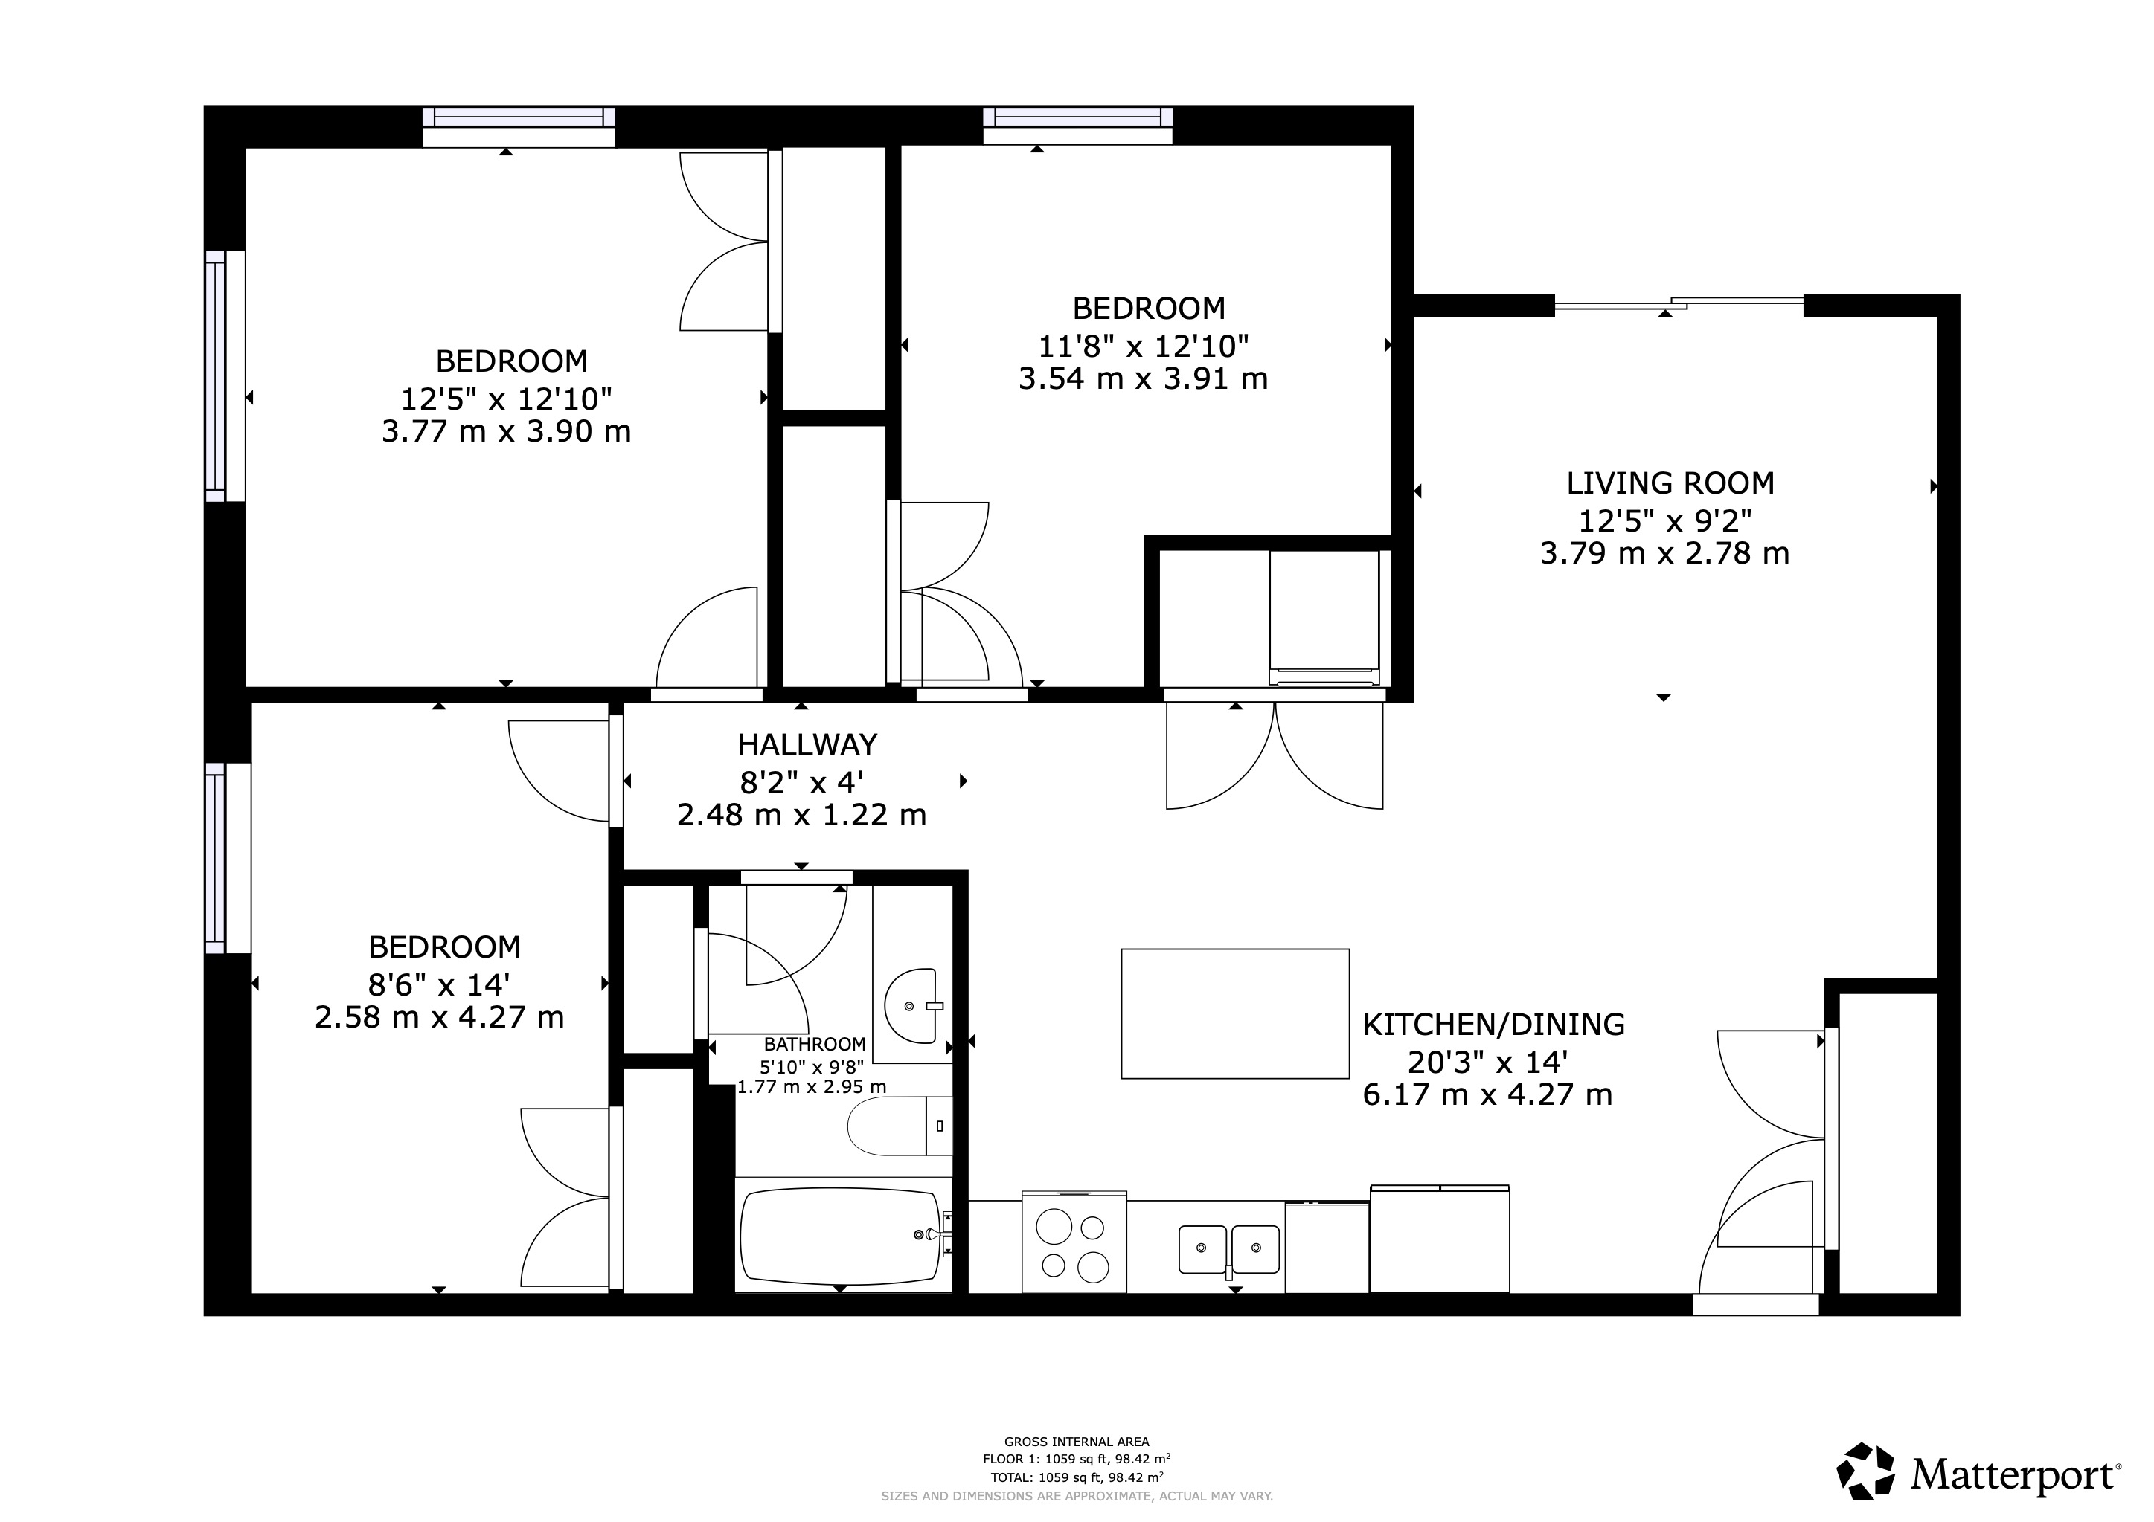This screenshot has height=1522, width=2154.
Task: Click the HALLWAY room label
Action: [807, 746]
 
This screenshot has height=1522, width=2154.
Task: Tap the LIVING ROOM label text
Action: [1670, 484]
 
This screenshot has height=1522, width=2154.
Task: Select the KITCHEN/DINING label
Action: [1493, 1025]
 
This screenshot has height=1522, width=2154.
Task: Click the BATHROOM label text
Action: [814, 1045]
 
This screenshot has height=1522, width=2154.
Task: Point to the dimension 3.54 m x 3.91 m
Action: [1143, 380]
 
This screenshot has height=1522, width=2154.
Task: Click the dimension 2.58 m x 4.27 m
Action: [439, 1017]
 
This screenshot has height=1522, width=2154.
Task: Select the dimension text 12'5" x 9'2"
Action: [1664, 520]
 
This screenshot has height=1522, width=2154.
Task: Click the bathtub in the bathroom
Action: [839, 1236]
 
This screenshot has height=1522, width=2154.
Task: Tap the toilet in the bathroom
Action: [899, 1126]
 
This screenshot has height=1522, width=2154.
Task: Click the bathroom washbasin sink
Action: [912, 1006]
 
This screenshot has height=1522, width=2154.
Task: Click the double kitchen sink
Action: [1228, 1248]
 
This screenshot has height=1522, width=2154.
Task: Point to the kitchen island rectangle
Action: [1234, 1013]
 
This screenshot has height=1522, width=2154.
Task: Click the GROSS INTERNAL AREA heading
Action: [1076, 1442]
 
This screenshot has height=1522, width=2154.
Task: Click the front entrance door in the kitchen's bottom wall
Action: [1754, 1304]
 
